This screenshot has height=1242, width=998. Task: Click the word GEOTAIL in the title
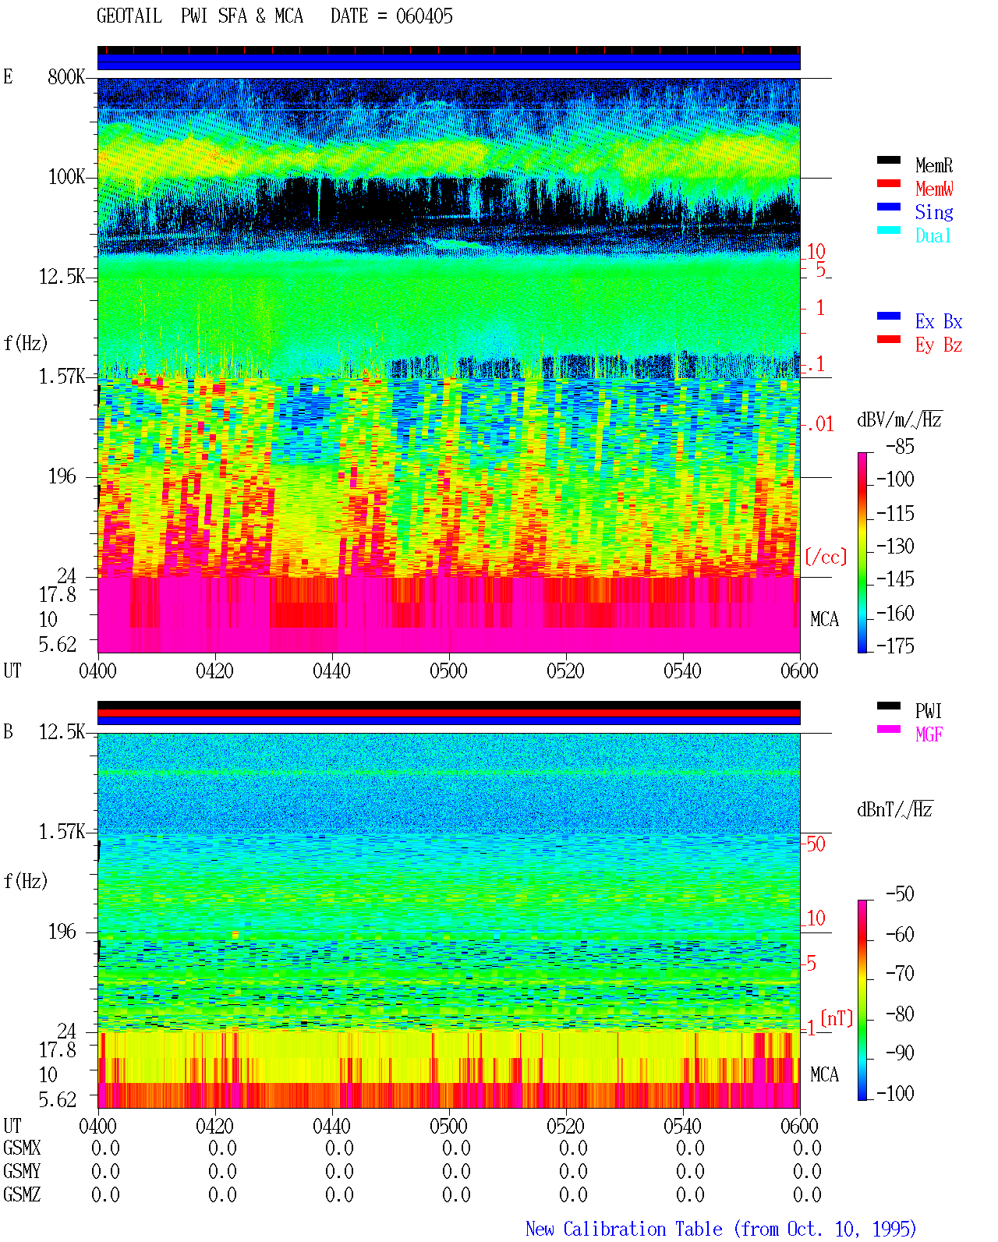(x=129, y=16)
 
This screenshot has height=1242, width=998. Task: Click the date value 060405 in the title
(x=424, y=16)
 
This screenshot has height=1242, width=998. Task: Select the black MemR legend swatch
(x=888, y=160)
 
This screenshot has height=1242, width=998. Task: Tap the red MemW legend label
(x=934, y=189)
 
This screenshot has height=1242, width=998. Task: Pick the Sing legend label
(x=934, y=212)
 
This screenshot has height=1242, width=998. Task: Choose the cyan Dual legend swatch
(x=888, y=230)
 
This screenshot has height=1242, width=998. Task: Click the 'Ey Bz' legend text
(x=939, y=345)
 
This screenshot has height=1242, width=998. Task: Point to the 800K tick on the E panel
(x=66, y=76)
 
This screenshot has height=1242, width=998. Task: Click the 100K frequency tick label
(x=66, y=177)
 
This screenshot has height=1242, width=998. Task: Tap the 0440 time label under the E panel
(x=332, y=671)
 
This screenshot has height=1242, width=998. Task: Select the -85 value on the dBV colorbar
(x=900, y=447)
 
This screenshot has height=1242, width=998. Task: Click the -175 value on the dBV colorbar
(x=895, y=646)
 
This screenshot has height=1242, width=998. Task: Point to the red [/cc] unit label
(x=826, y=557)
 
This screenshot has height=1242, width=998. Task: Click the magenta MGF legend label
(x=929, y=734)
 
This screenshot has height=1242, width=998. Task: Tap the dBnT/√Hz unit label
(x=895, y=810)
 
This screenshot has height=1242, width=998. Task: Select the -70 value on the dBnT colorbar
(x=900, y=974)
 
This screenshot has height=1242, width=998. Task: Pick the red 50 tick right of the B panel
(x=816, y=844)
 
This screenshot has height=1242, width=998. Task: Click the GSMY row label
(x=22, y=1171)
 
